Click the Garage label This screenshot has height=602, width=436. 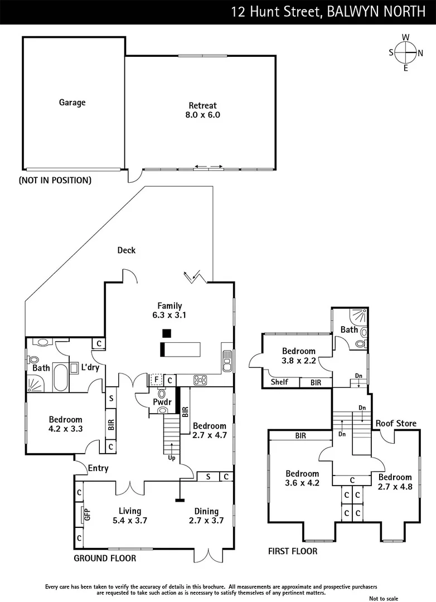point(72,102)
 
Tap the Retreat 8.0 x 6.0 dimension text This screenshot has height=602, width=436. point(203,114)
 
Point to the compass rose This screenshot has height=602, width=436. point(406,52)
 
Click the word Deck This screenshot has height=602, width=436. point(127,250)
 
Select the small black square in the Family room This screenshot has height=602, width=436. point(166,333)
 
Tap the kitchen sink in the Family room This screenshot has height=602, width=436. point(227,361)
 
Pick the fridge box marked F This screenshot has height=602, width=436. point(156,380)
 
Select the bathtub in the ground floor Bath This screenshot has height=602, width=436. point(61,377)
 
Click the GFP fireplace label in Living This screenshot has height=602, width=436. point(87,514)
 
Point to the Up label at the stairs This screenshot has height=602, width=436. point(171,458)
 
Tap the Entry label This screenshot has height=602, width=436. point(98,468)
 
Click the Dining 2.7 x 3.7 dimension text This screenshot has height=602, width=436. point(206,520)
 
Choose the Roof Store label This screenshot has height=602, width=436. point(396,423)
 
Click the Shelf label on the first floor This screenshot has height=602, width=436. point(279,382)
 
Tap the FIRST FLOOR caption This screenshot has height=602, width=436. point(293,551)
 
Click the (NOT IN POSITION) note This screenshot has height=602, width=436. point(55,180)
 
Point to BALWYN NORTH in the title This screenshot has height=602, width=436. point(376,12)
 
